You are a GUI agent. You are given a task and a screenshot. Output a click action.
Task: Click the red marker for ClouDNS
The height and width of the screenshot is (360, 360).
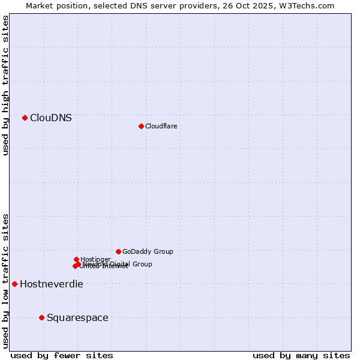[x=25, y=118]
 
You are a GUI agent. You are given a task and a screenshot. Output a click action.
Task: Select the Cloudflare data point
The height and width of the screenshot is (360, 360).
[x=141, y=126]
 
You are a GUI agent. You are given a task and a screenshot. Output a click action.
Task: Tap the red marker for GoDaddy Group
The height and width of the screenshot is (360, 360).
[x=118, y=251]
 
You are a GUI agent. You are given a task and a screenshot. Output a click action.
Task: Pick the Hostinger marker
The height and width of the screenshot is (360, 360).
[x=76, y=259]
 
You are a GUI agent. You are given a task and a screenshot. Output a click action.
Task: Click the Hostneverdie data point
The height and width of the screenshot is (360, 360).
[x=14, y=284]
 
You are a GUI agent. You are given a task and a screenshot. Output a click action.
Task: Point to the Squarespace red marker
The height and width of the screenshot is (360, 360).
[x=41, y=317]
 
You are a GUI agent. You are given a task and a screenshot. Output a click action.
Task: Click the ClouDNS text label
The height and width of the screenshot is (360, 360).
[x=51, y=118]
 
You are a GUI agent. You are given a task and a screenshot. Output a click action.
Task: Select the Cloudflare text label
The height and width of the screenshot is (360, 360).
[x=161, y=126]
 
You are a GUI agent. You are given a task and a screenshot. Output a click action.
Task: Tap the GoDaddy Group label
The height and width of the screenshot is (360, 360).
[x=148, y=251]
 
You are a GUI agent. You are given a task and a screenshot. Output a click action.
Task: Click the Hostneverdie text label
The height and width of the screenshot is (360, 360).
[x=52, y=284]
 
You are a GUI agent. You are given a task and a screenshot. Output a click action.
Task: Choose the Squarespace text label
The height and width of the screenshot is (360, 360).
[x=77, y=318]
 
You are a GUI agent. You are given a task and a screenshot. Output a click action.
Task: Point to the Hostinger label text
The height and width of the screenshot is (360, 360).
[x=95, y=259]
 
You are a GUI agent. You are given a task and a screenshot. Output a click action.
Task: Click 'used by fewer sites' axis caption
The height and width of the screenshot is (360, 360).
[x=62, y=356]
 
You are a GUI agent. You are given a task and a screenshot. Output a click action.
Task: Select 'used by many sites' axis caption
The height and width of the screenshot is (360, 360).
[x=301, y=356]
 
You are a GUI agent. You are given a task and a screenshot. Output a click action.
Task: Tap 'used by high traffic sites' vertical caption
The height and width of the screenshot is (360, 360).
[x=6, y=85]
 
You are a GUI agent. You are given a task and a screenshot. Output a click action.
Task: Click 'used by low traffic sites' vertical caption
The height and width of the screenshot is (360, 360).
[x=6, y=280]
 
